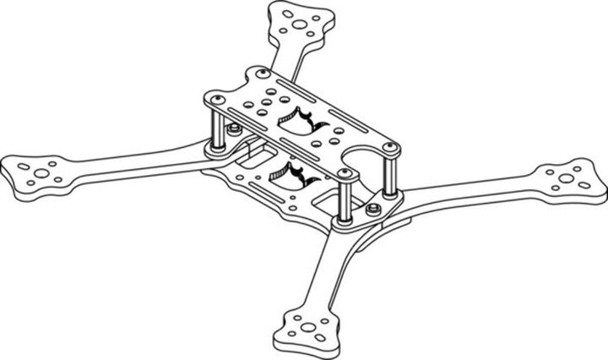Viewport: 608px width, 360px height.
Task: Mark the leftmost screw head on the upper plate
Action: point(218,101)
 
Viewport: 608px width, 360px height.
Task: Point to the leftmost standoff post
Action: point(217,124)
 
